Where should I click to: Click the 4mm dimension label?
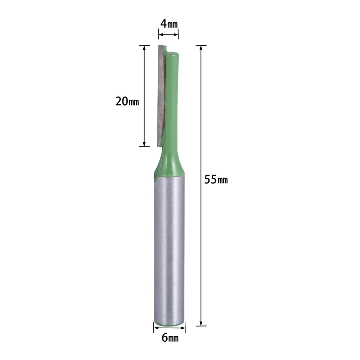tap(169, 24)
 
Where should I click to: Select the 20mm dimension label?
tap(127, 101)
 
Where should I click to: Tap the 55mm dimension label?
tap(216, 179)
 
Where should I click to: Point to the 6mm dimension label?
tap(170, 338)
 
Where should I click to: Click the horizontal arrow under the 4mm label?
tap(168, 35)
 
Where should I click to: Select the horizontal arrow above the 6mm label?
tap(170, 328)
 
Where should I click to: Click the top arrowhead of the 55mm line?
tap(201, 48)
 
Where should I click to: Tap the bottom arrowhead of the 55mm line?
tap(201, 323)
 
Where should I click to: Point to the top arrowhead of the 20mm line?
tap(144, 48)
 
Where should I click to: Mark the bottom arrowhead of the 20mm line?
tap(144, 144)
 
